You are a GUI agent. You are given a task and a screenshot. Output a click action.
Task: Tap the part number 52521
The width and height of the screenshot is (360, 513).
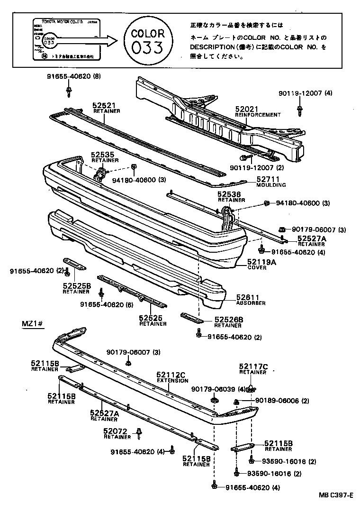tap(104, 106)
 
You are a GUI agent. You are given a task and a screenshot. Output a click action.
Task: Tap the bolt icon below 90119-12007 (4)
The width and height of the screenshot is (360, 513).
tap(300, 111)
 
